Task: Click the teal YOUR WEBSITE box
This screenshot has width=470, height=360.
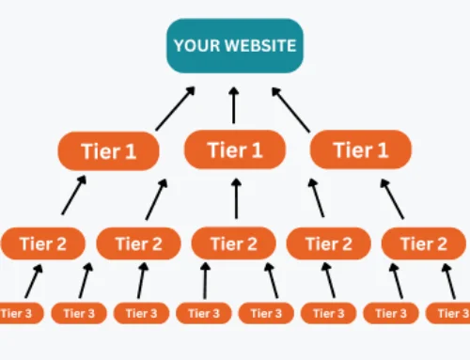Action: (x=235, y=45)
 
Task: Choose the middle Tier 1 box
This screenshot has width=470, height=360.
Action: (x=234, y=149)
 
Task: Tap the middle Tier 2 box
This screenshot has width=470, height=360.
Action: (x=234, y=243)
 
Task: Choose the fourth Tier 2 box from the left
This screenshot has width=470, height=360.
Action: (x=329, y=243)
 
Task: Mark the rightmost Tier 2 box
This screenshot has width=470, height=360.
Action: (x=424, y=243)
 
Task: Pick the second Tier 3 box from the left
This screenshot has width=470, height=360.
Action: (x=78, y=313)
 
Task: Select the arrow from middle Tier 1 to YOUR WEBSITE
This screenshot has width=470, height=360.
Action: (x=234, y=103)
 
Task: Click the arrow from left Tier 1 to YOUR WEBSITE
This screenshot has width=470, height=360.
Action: (x=175, y=107)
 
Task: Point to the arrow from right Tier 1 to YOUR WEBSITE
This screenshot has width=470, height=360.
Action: (x=294, y=107)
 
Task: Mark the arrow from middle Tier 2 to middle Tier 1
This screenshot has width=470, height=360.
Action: (x=235, y=197)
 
